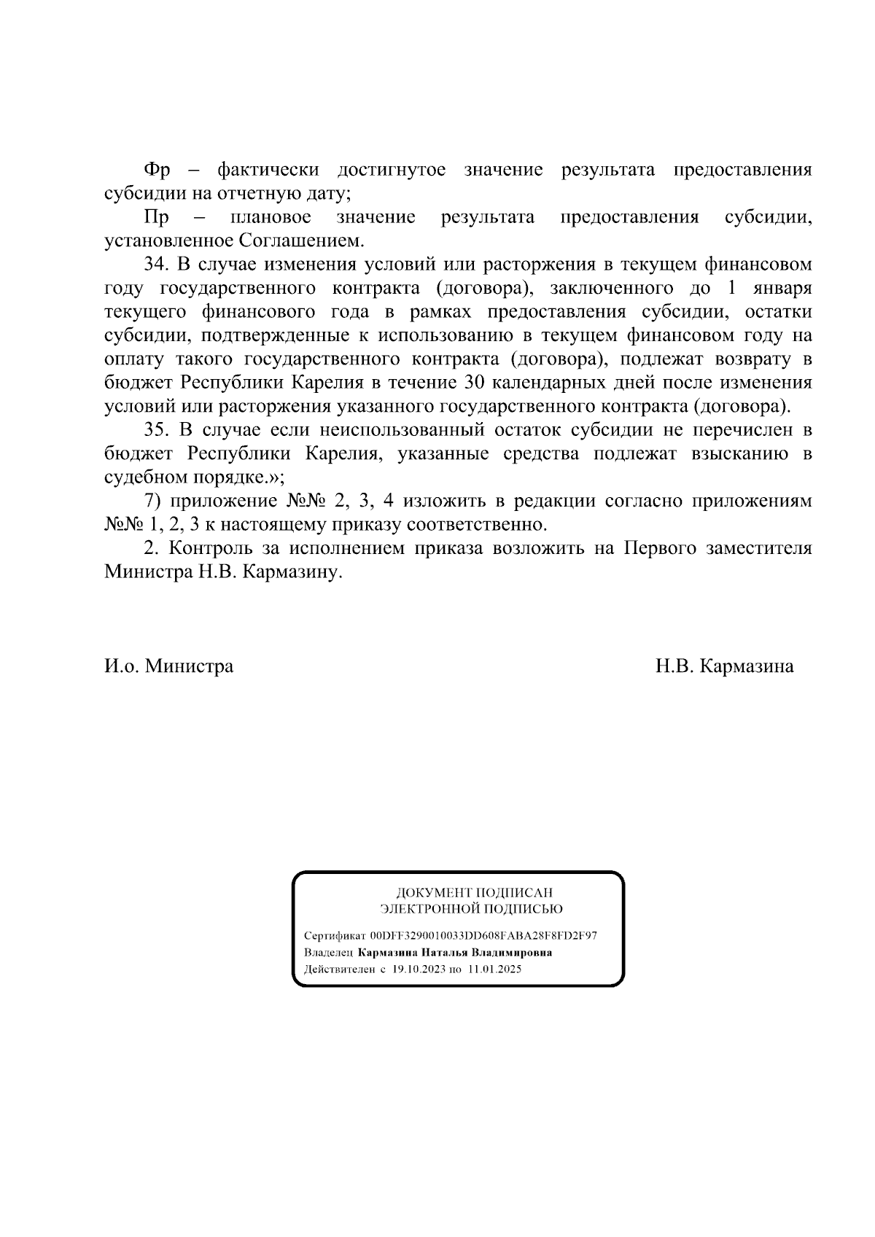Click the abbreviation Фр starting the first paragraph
(157, 171)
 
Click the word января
(784, 288)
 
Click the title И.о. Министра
(169, 666)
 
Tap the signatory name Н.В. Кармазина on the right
(724, 666)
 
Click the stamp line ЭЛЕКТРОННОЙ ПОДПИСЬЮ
(471, 909)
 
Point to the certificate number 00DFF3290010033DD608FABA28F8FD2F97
(483, 936)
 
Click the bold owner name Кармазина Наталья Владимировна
(455, 953)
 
